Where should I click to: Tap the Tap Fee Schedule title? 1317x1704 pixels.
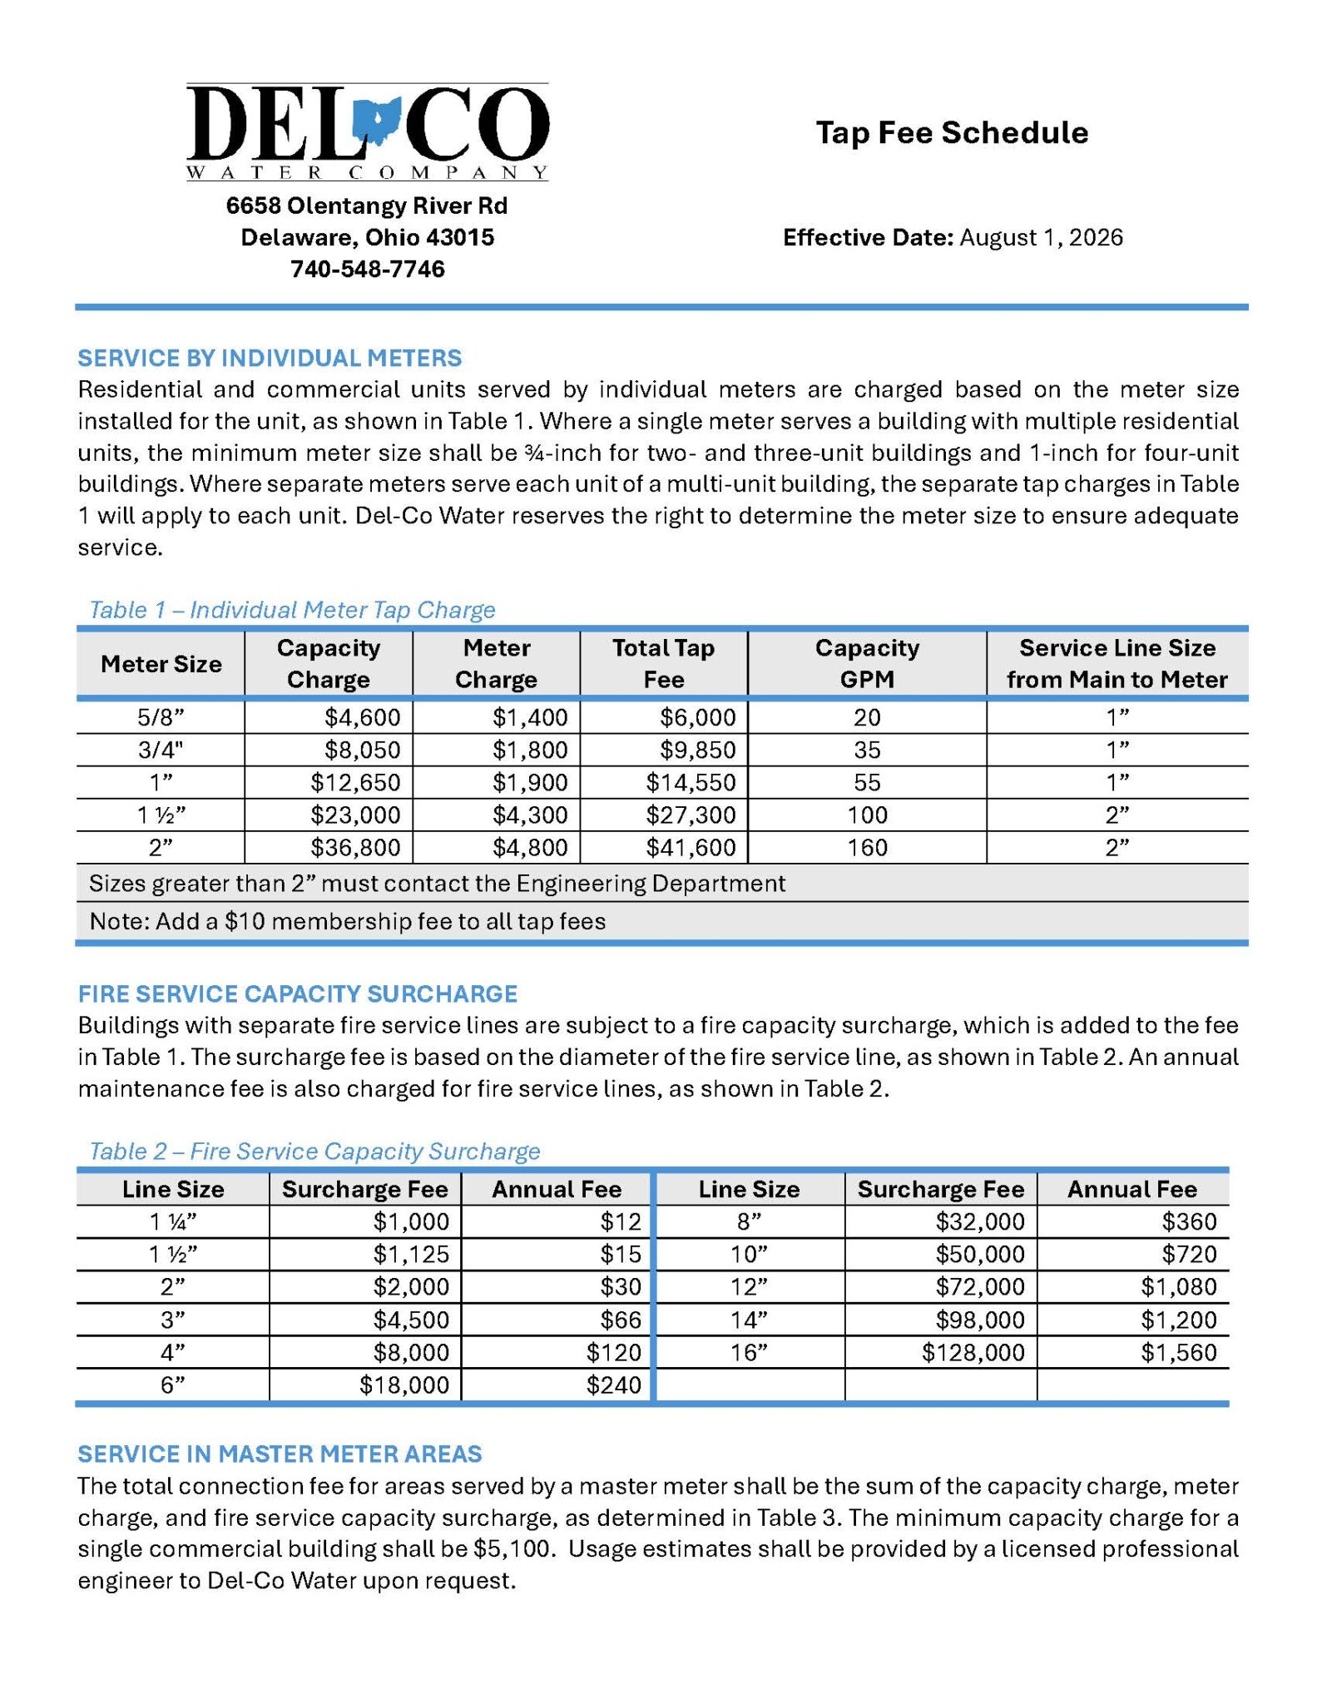tap(951, 133)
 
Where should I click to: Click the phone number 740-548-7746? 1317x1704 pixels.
tap(367, 270)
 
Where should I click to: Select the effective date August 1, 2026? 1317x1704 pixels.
tap(1041, 238)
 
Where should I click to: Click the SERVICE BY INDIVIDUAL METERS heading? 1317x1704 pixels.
tap(270, 359)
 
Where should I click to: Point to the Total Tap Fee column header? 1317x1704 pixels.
tap(663, 664)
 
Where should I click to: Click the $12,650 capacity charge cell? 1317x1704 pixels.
tap(355, 783)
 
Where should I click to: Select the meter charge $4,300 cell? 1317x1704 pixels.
tap(530, 815)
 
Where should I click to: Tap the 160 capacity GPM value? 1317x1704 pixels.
tap(867, 848)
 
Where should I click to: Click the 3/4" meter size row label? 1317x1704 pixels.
tap(161, 750)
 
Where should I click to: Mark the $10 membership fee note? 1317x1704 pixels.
tap(347, 922)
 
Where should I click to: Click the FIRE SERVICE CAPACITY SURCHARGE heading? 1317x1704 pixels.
tap(297, 994)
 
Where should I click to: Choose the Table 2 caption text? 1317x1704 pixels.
tap(314, 1152)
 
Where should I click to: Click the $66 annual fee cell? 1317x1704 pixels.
tap(621, 1320)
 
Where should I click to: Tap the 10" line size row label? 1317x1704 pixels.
tap(749, 1255)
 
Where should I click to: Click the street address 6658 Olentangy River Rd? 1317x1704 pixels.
tap(367, 206)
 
